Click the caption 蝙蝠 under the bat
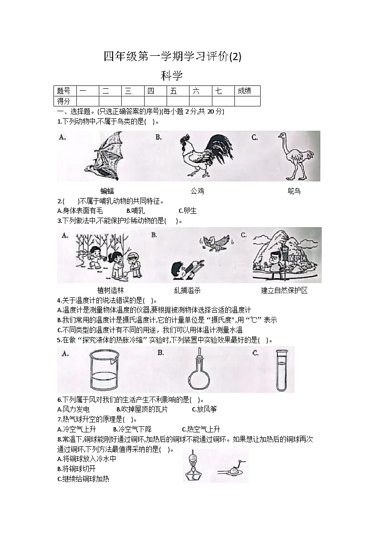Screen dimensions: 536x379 coord(107,191)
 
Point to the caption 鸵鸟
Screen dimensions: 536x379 coord(295,191)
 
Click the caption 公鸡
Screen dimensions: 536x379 coord(197,191)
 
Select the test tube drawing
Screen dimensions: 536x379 coord(282,370)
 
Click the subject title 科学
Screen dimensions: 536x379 coord(172,75)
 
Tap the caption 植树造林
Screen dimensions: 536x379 coord(110,290)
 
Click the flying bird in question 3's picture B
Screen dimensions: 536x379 coord(215,242)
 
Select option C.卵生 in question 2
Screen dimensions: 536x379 coord(187,210)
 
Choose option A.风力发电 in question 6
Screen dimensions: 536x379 coord(73,409)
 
